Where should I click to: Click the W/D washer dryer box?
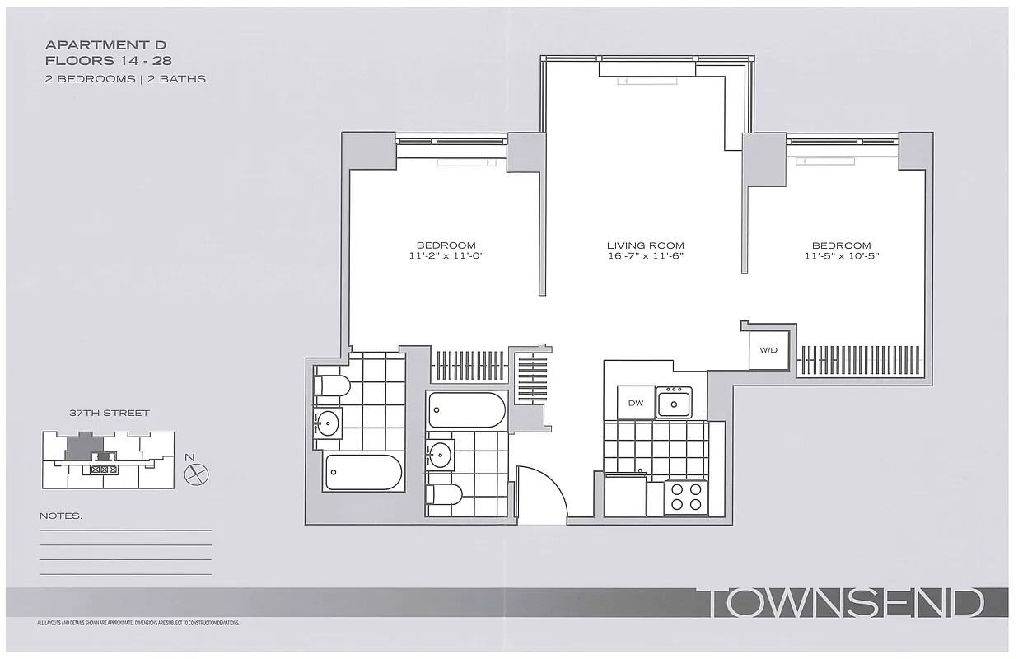coord(768,350)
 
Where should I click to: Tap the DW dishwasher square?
coord(635,403)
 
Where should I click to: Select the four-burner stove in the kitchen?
coord(686,497)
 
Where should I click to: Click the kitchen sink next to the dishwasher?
coord(674,403)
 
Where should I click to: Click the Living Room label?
coord(645,245)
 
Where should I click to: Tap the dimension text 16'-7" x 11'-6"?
coord(645,256)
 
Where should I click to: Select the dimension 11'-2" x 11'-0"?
coord(446,256)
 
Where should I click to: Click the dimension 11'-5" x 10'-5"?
coord(841,256)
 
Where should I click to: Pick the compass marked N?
coord(197,473)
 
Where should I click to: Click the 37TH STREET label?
coord(109,413)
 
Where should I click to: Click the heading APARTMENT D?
coord(105,44)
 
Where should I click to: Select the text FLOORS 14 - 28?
coord(108,61)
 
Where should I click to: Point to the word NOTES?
coord(61,516)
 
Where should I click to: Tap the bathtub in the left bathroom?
coord(363,472)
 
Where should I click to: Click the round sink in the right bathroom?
coord(440,455)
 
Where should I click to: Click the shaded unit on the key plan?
coord(80,446)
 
